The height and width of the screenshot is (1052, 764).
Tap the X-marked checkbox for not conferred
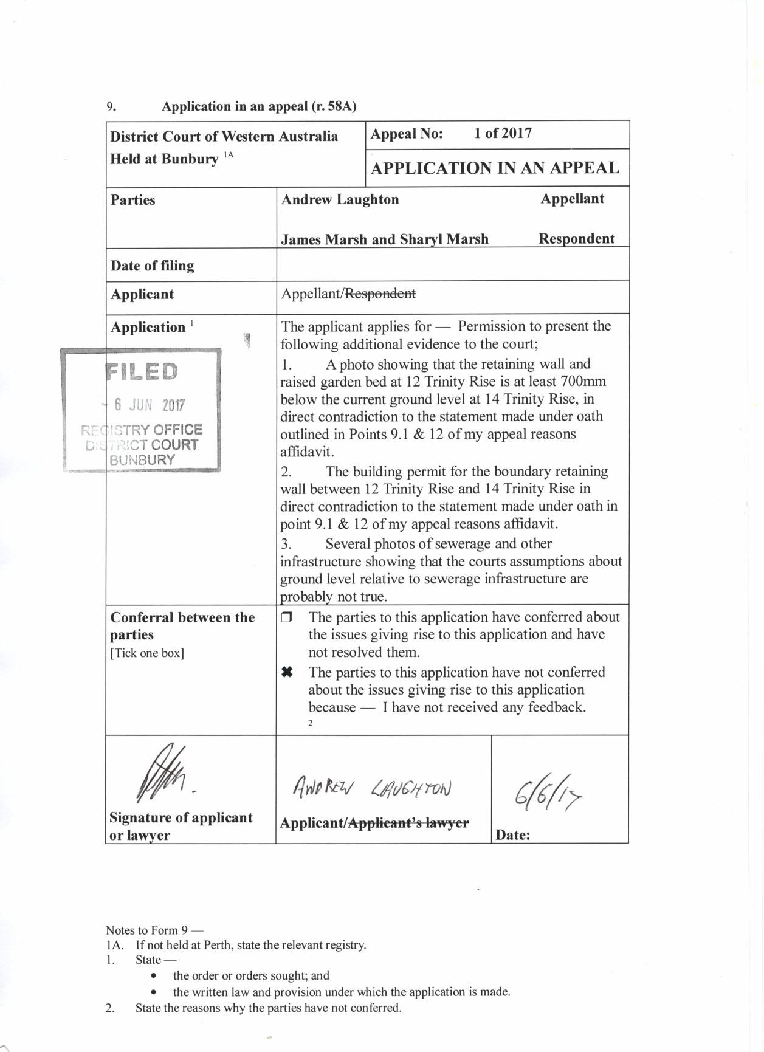[x=287, y=673]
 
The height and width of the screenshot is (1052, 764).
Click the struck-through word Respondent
[x=380, y=294]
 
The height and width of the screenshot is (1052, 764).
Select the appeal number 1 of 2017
[x=503, y=134]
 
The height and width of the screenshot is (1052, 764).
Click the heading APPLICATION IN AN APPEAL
[x=495, y=168]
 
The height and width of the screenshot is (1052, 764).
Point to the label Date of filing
[x=153, y=266]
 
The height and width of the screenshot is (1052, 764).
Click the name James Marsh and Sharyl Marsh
[x=385, y=239]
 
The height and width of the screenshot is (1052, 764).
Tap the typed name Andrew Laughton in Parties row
[x=340, y=200]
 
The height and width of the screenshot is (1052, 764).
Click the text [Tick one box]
[x=147, y=653]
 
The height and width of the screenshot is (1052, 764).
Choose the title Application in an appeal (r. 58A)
[x=259, y=106]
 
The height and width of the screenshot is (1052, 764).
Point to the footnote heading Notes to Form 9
[x=154, y=930]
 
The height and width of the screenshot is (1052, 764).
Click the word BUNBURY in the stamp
[x=142, y=460]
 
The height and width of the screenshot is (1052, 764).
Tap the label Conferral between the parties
[x=182, y=626]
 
